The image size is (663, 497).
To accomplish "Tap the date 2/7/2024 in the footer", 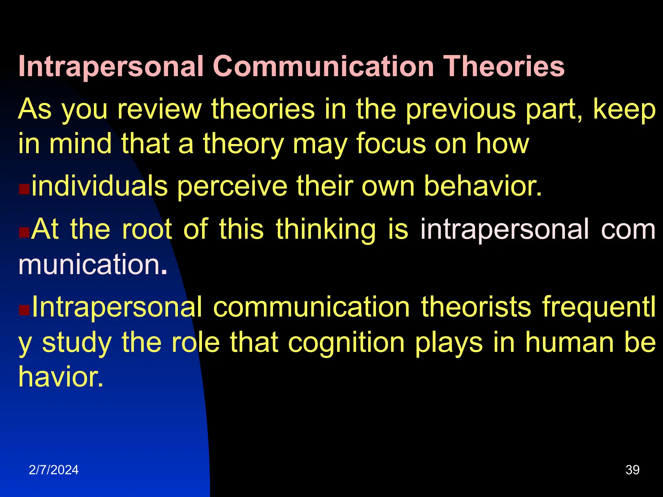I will point(53,470).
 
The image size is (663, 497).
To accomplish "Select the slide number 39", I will point(632,470).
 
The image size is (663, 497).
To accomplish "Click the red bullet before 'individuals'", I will point(24,189).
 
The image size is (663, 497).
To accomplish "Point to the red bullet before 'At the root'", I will point(24,232).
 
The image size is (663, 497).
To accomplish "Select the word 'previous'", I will point(461,109).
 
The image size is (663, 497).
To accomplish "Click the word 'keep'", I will point(624,109).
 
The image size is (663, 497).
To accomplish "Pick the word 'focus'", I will point(391,144).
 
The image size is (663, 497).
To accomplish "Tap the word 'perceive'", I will point(232,186).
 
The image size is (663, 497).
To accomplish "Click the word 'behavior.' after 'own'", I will point(483,186).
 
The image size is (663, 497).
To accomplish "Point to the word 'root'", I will point(147,229).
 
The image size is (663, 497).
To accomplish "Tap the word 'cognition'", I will point(346,342).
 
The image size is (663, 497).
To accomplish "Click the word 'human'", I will point(569,342).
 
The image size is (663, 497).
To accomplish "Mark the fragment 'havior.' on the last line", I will point(61,377).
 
